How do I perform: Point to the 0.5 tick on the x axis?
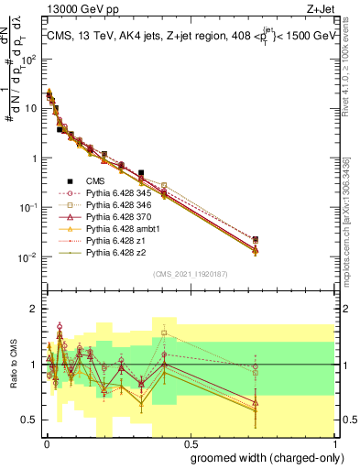pos(189,442)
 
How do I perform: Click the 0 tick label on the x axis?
pos(45,442)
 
